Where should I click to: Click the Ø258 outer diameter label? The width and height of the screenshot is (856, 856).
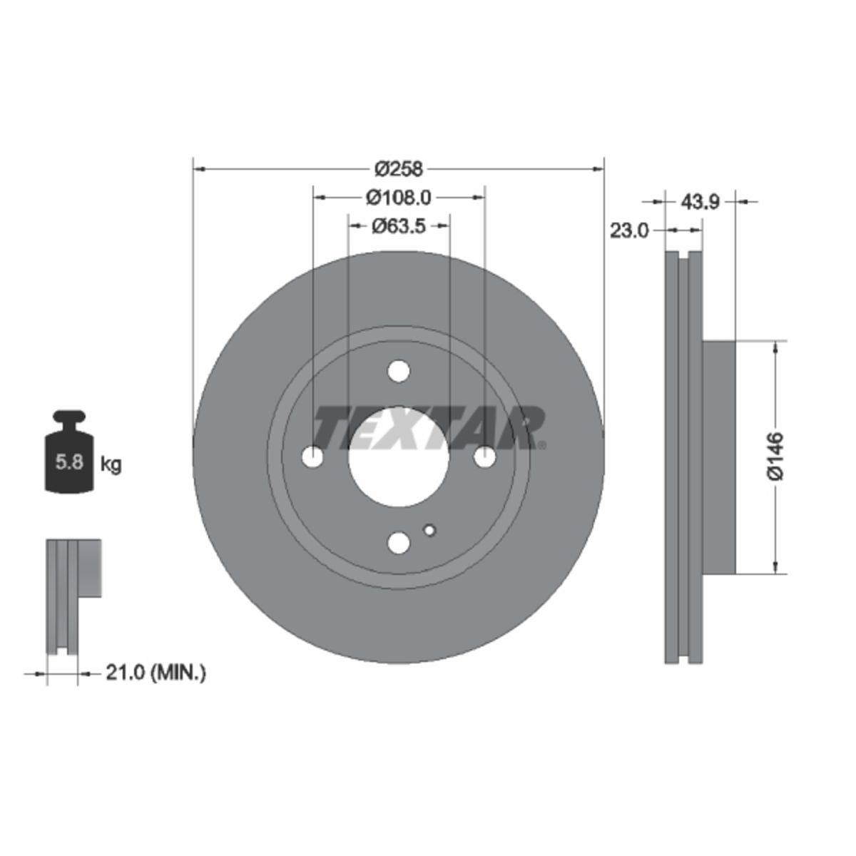[399, 169]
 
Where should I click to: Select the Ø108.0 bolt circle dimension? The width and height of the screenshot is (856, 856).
[399, 198]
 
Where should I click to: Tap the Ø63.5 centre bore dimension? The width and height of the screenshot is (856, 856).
[399, 226]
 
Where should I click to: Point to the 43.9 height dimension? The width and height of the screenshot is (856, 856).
[700, 203]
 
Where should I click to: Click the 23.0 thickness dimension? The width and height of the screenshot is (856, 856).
[629, 231]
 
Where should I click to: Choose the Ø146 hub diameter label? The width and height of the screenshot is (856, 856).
[775, 457]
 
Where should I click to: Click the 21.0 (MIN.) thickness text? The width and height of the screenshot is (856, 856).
[156, 686]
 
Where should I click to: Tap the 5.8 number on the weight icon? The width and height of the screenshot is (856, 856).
[70, 462]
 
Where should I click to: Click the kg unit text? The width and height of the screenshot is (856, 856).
[111, 465]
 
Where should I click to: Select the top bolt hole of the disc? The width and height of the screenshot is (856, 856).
[399, 371]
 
